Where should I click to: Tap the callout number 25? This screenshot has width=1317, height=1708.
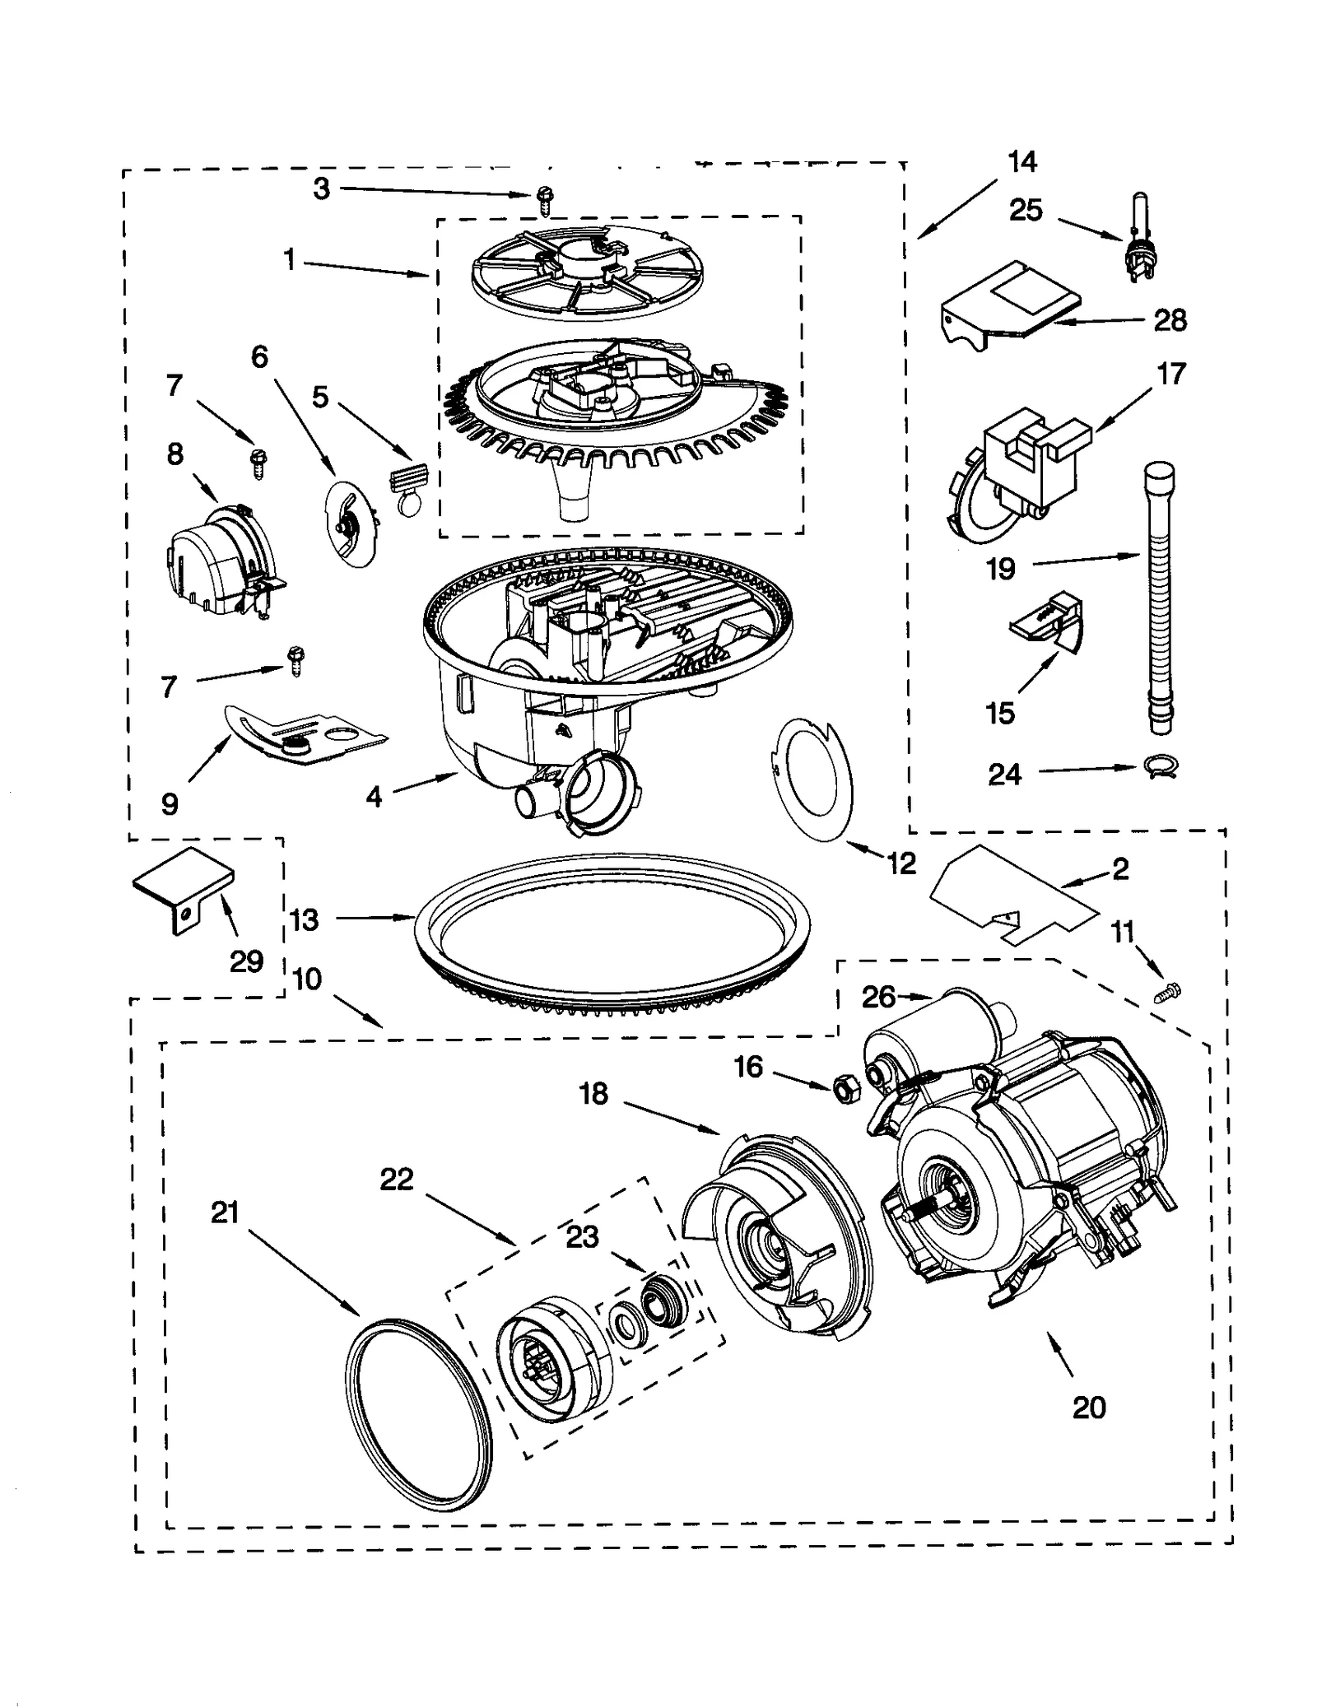(1026, 211)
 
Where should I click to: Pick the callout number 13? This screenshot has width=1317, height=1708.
(304, 919)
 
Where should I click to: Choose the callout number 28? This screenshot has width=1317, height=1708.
(1170, 320)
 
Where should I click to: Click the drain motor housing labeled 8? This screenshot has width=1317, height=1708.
(218, 561)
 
